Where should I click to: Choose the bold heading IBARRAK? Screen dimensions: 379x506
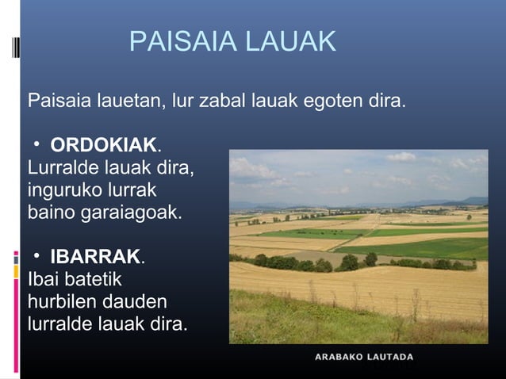click(95, 258)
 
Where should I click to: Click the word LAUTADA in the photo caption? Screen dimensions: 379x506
click(390, 358)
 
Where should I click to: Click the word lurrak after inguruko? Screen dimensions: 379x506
click(136, 191)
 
